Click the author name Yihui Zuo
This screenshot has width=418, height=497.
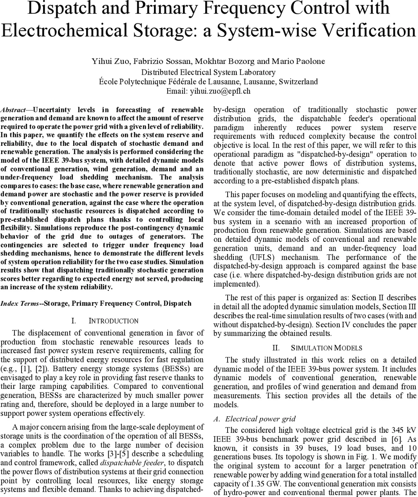tap(108, 61)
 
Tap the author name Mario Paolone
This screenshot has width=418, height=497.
tap(298, 61)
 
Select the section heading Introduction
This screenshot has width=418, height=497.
tap(114, 321)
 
